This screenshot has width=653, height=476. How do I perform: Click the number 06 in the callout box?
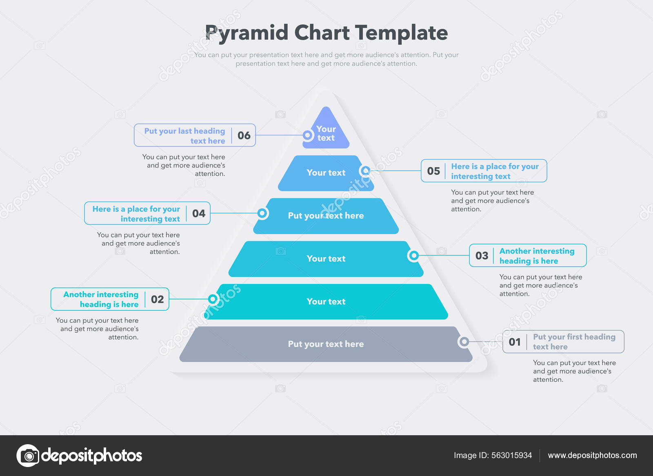[x=244, y=135]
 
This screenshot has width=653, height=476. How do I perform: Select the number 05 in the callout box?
[x=433, y=171]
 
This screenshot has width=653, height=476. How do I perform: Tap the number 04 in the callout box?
[x=199, y=214]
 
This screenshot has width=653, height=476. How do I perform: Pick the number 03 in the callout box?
[x=482, y=256]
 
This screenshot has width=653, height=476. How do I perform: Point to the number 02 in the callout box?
[x=158, y=299]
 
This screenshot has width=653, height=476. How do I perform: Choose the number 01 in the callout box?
[x=515, y=342]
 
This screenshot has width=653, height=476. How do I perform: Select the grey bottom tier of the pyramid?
[x=326, y=344]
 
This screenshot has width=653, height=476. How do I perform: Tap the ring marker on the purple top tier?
[x=308, y=135]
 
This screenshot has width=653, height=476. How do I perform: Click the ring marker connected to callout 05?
[x=366, y=171]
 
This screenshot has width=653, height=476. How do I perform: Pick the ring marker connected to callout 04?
[x=262, y=213]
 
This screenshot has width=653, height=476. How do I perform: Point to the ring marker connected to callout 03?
[x=414, y=255]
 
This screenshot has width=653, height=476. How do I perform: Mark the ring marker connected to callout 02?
[x=213, y=299]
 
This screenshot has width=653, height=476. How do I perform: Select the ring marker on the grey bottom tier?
[x=464, y=341]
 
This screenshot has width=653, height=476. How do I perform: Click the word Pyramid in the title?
[x=247, y=33]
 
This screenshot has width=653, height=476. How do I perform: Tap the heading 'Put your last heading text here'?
[x=185, y=136]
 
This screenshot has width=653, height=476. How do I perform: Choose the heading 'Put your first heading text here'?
[x=574, y=342]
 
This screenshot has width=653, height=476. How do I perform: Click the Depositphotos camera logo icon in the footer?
[x=28, y=456]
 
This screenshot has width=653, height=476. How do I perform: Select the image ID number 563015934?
[x=512, y=455]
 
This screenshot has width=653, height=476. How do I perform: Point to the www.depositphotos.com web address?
[x=592, y=455]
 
